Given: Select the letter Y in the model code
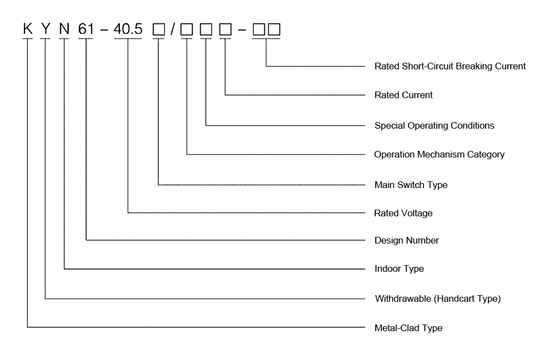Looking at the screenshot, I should pyautogui.click(x=46, y=29).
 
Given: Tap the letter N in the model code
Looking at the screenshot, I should pyautogui.click(x=64, y=29).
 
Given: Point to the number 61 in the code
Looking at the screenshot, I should pyautogui.click(x=87, y=29).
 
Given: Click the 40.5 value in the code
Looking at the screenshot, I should pyautogui.click(x=128, y=29).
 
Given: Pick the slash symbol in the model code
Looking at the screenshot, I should pyautogui.click(x=173, y=29).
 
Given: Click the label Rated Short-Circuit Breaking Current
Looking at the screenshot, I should pyautogui.click(x=450, y=66).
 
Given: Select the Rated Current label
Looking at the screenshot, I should pyautogui.click(x=403, y=95).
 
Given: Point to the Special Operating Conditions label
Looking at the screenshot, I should pyautogui.click(x=434, y=125).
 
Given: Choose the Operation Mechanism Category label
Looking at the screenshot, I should pyautogui.click(x=439, y=154).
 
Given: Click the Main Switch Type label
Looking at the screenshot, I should pyautogui.click(x=411, y=185).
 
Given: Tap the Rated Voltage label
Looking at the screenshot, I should pyautogui.click(x=403, y=213).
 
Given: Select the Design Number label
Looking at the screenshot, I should pyautogui.click(x=407, y=240).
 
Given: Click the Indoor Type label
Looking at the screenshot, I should pyautogui.click(x=399, y=268).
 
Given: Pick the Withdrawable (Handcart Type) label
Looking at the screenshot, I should pyautogui.click(x=438, y=298).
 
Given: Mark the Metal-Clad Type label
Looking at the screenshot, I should pyautogui.click(x=408, y=328).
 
